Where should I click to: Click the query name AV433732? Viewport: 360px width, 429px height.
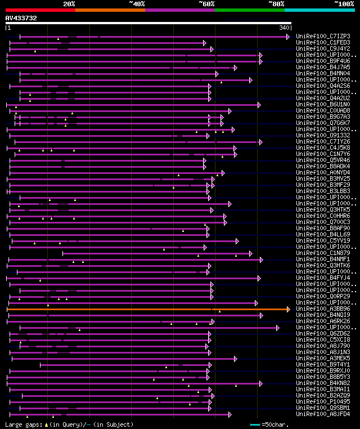(21, 18)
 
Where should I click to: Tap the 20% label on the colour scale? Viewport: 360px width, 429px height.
(69, 4)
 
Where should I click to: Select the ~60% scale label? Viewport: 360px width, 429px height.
(206, 4)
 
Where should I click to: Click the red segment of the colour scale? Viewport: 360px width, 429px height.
(40, 10)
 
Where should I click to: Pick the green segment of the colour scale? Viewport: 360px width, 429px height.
(249, 10)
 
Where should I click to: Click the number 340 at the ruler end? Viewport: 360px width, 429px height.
(284, 28)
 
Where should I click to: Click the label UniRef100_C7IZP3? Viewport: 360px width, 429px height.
(323, 36)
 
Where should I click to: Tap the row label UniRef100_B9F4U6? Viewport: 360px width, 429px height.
(323, 61)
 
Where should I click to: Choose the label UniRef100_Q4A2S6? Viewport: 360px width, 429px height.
(323, 86)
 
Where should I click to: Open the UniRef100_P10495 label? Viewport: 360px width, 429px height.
(323, 401)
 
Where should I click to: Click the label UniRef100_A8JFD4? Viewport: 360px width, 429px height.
(323, 414)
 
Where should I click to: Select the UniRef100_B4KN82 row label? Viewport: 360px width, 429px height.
(323, 383)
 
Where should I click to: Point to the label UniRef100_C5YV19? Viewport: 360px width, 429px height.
(323, 240)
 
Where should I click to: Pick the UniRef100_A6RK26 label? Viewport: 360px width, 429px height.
(323, 321)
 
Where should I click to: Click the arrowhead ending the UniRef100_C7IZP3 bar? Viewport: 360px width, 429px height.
(288, 37)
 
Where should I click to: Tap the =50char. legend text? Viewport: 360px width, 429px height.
(274, 424)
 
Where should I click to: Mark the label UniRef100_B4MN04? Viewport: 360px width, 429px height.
(323, 73)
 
